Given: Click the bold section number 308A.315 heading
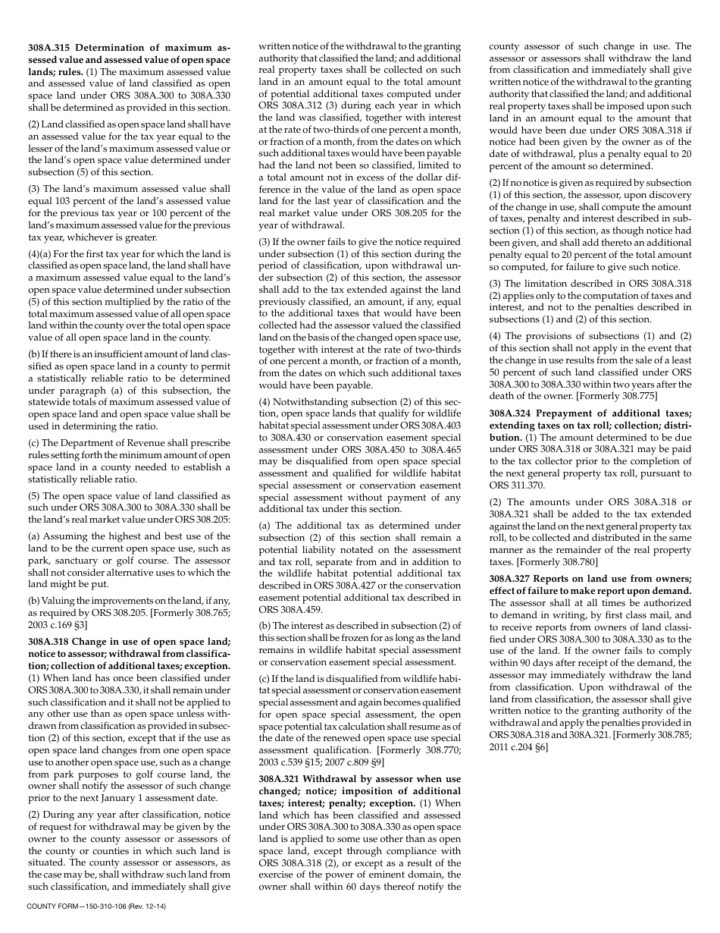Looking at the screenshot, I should pos(50,48).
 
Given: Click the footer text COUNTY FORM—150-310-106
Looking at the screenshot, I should pos(74,906).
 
